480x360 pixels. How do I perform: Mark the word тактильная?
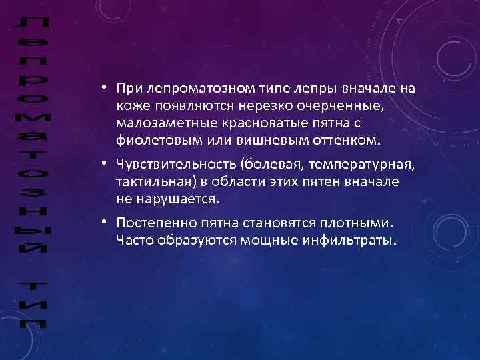pyautogui.click(x=151, y=181)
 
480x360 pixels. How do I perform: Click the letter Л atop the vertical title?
pyautogui.click(x=29, y=26)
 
